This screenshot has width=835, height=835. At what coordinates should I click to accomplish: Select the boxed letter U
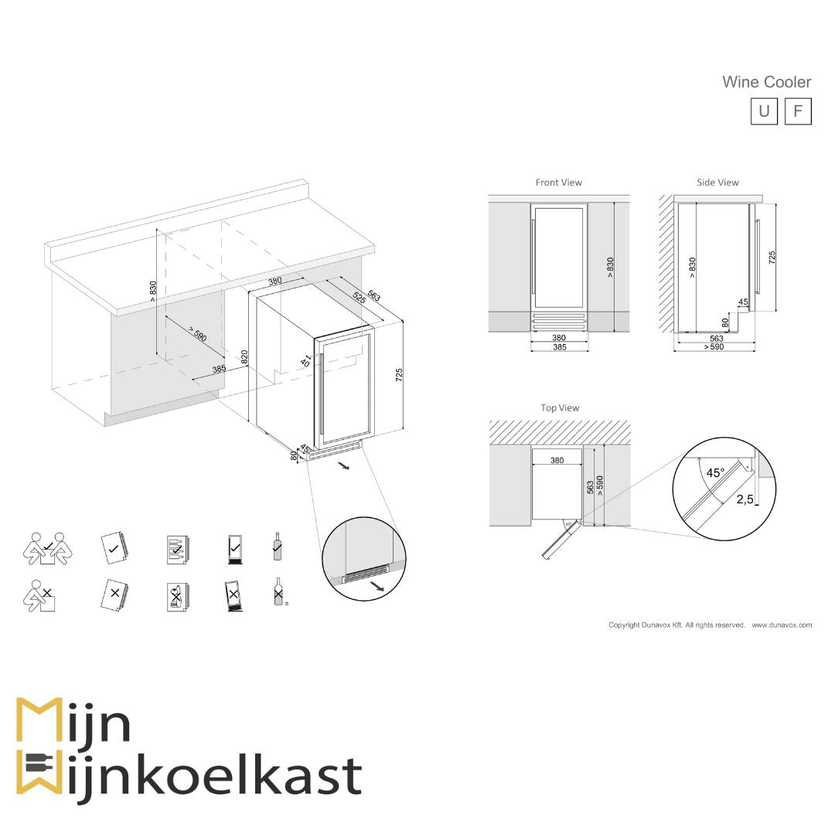pos(764,111)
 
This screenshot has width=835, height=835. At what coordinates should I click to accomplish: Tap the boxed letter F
pos(798,111)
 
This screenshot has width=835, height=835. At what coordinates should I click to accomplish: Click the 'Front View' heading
pos(558,182)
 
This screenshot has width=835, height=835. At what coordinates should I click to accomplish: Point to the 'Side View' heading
pos(717,182)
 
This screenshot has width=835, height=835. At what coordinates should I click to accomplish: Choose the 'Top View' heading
pos(560,407)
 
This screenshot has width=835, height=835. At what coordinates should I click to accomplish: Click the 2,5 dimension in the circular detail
pos(745,499)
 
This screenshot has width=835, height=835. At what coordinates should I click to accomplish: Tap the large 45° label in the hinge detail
pos(716,472)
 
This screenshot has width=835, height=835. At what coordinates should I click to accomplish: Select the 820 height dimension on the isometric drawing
pos(244,357)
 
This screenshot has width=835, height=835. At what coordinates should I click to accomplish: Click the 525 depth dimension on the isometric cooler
pos(359,297)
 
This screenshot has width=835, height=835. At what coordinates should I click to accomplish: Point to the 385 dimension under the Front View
pos(559,348)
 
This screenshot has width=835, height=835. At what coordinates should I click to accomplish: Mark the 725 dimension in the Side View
pos(772,258)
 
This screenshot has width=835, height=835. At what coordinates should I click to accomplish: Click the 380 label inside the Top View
pos(557,460)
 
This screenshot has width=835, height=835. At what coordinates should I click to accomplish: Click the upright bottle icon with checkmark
pos(277,546)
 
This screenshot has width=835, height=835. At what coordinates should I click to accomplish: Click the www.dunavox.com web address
pos(782,625)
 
